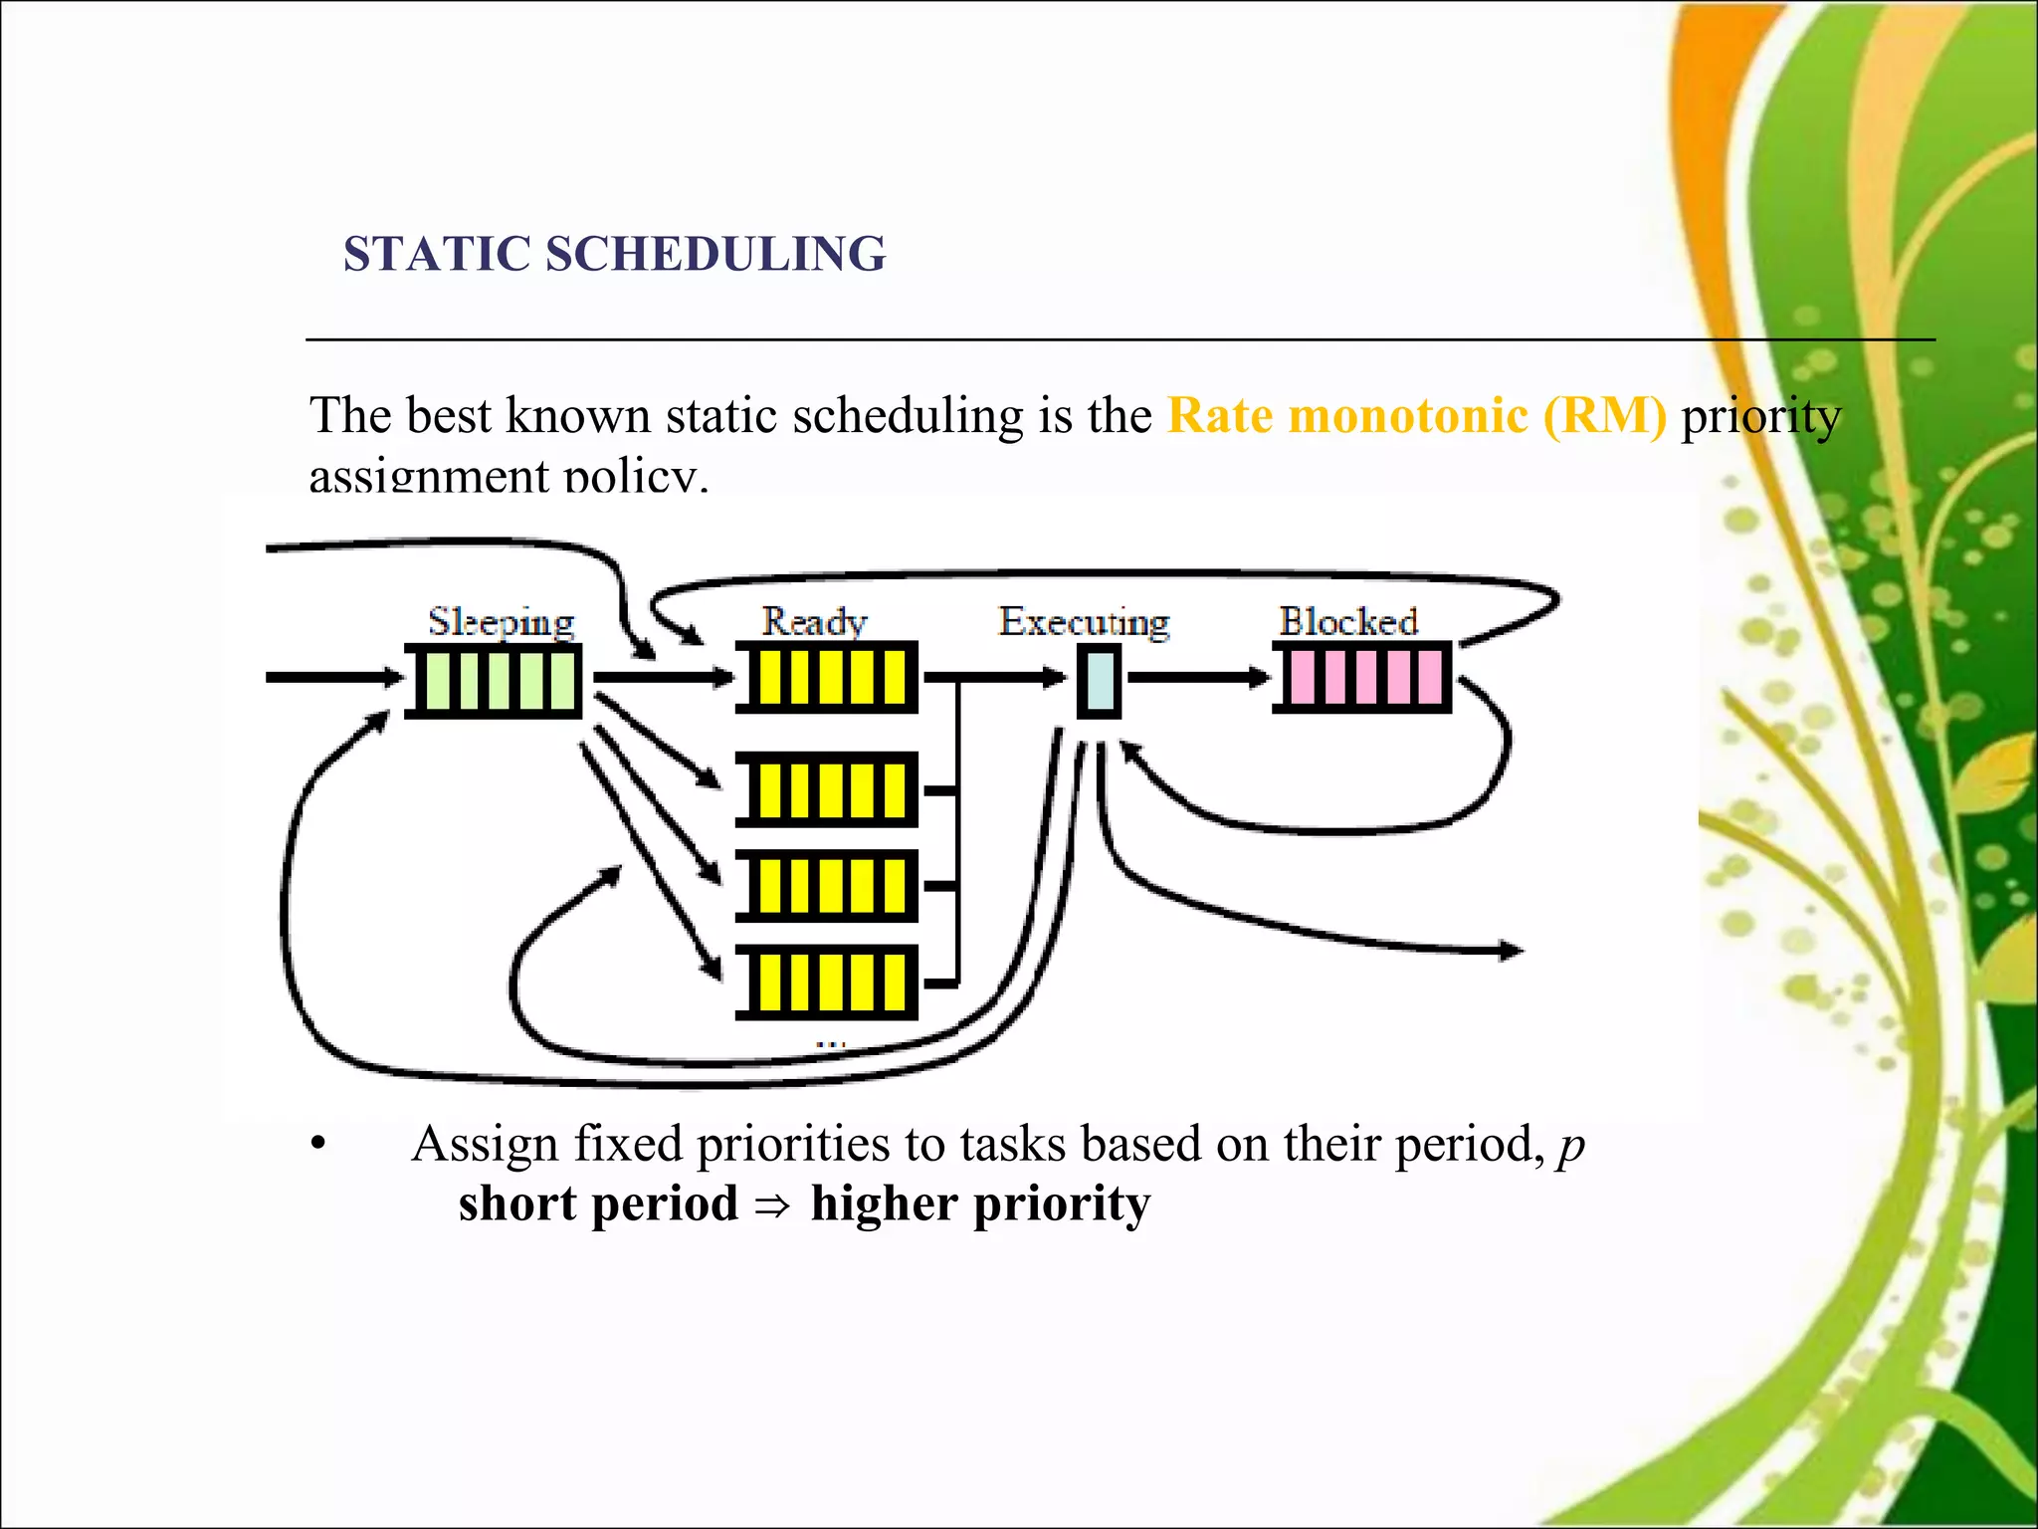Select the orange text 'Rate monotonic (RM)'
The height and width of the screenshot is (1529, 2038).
point(1416,415)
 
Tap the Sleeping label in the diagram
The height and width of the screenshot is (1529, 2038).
point(501,622)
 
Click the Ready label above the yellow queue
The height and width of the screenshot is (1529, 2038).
point(814,621)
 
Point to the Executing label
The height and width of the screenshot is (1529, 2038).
point(1084,621)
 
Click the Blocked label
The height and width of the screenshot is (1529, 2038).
point(1347,621)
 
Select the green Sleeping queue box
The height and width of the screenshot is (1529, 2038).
point(493,680)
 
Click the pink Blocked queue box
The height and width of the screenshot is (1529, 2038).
point(1362,678)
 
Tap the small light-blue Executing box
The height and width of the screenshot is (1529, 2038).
point(1100,680)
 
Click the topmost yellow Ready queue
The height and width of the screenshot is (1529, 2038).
point(826,678)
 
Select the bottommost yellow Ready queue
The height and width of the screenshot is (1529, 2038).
point(826,982)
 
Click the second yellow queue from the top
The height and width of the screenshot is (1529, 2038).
point(826,789)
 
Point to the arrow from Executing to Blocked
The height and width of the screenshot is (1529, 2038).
point(1199,678)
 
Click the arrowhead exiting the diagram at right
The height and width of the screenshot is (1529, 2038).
point(1511,952)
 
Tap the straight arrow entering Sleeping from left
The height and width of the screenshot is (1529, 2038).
point(333,678)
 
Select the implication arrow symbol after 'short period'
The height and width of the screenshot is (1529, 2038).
point(772,1206)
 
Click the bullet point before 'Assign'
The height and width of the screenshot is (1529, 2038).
point(317,1145)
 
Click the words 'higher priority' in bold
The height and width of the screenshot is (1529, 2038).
point(979,1204)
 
